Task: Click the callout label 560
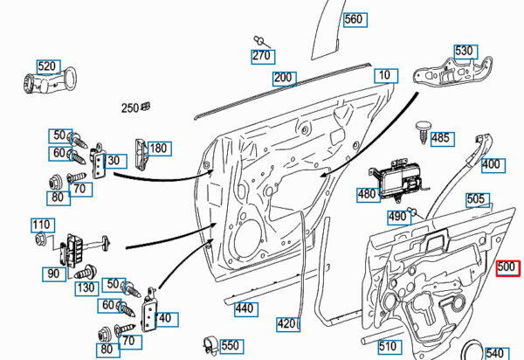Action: point(354,19)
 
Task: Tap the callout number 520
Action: point(47,66)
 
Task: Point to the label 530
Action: point(464,52)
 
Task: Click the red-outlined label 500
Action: point(507,269)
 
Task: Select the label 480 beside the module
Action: point(367,194)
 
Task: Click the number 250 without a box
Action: point(130,108)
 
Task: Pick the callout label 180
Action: point(157,149)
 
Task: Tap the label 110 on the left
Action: point(42,225)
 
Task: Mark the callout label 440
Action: point(244,308)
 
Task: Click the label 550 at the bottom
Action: point(230,346)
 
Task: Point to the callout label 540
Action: point(494,353)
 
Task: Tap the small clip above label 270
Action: point(259,39)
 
